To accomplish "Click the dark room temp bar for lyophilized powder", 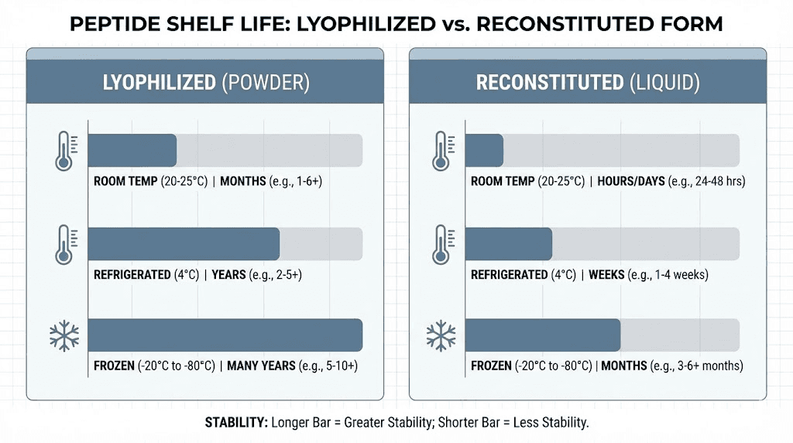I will pos(132,150).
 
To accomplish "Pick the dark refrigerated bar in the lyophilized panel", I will pos(184,244).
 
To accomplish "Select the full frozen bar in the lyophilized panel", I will pos(225,335).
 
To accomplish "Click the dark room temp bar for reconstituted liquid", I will pos(484,150).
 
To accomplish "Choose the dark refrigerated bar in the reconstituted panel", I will pos(509,244).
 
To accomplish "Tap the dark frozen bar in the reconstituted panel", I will pos(543,335).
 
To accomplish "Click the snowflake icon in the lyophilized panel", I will pos(64,335).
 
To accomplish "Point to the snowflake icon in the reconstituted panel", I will pos(441,335).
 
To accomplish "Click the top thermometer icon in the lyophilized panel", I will pos(64,150).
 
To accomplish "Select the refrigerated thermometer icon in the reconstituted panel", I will pos(441,244).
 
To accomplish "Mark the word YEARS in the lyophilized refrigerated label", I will pos(229,275).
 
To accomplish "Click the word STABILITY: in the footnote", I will pos(235,423).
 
